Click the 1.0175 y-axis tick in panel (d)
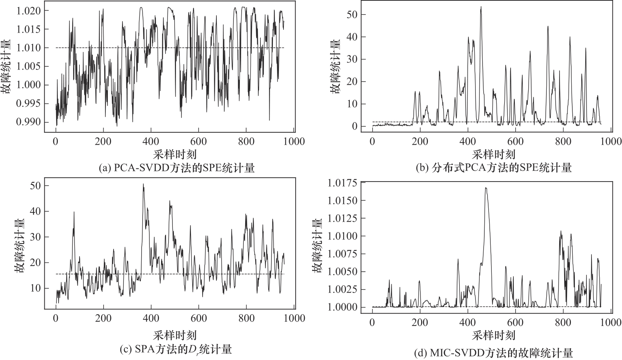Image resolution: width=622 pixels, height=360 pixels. (x=343, y=183)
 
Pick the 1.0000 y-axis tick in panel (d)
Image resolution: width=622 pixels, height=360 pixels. (x=343, y=307)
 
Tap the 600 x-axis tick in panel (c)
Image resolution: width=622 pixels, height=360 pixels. (x=198, y=318)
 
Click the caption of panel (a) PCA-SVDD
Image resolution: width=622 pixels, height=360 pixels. (x=176, y=167)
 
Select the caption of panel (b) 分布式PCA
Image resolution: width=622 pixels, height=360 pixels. (x=494, y=167)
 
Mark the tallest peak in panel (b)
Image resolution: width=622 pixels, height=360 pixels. (x=481, y=7)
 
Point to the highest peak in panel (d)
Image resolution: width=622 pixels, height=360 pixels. (x=486, y=188)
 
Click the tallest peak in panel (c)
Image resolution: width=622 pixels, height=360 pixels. (x=143, y=184)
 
